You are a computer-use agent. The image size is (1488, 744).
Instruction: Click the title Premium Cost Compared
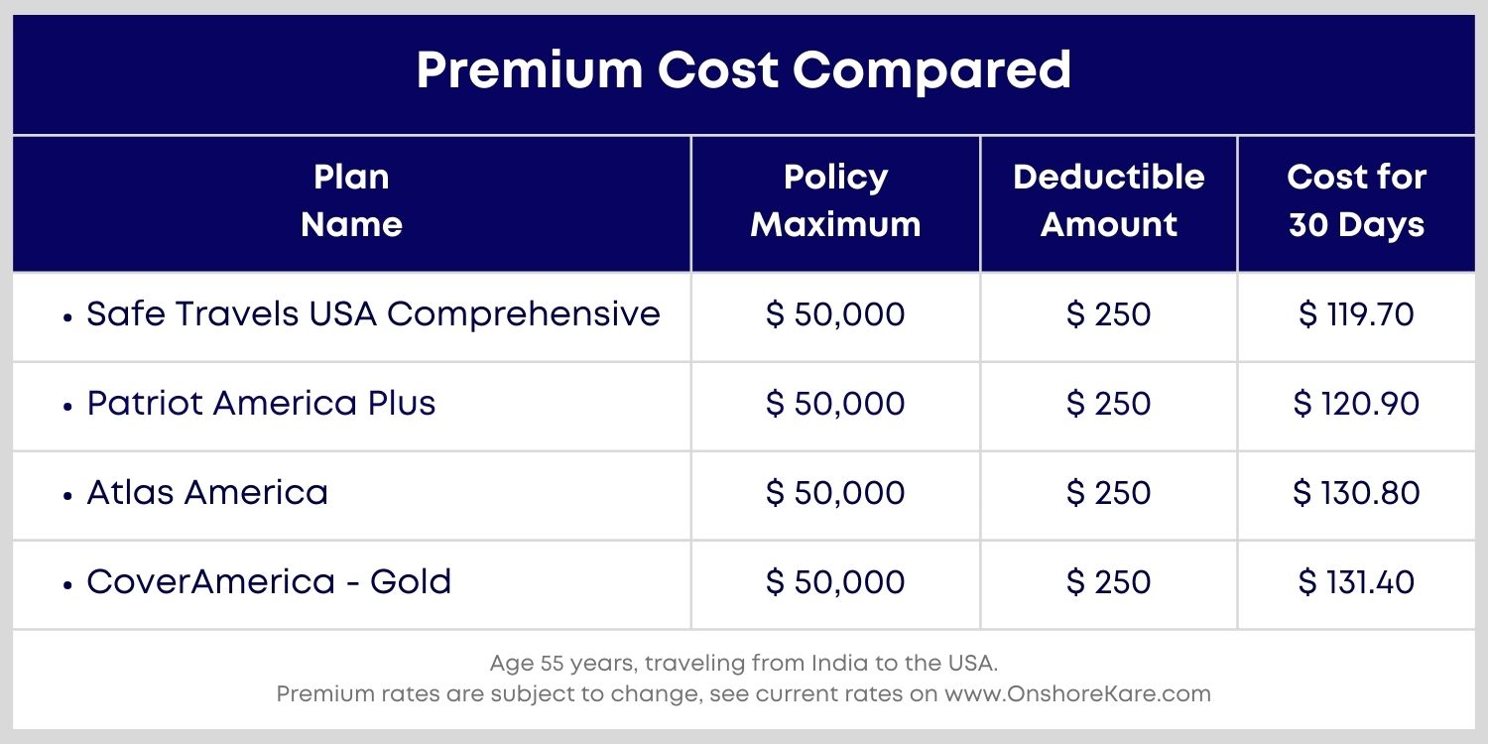(743, 70)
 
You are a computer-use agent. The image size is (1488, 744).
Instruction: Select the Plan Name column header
(351, 201)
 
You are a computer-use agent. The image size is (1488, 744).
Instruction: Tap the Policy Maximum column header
(835, 201)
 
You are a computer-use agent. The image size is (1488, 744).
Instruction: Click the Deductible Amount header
(1108, 201)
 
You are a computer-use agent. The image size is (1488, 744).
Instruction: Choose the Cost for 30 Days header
(1356, 201)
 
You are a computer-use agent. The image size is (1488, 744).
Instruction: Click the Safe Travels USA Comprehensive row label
(373, 314)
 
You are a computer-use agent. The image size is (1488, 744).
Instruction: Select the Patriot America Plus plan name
(261, 404)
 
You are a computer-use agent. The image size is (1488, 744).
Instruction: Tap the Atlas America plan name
(207, 493)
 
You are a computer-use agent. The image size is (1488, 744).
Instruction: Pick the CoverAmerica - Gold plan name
(269, 582)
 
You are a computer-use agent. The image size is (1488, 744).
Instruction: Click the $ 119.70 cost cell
(1356, 315)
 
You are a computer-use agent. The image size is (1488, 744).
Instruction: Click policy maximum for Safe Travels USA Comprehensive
(835, 315)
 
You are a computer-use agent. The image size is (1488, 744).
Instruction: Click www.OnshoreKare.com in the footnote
(1077, 694)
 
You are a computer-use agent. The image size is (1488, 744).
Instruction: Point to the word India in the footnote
(834, 663)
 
